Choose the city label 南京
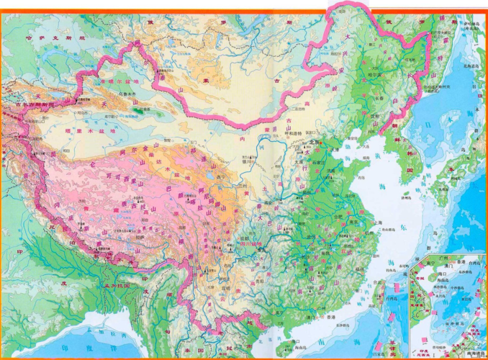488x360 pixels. [x=353, y=222]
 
